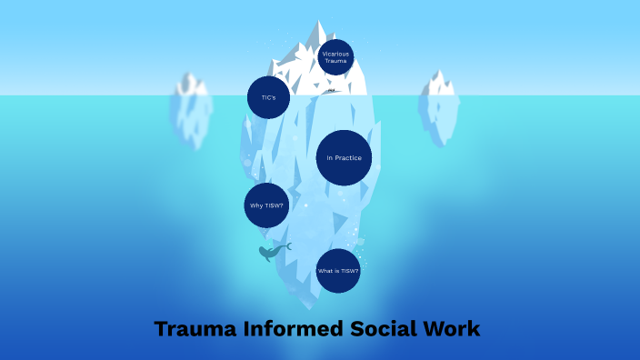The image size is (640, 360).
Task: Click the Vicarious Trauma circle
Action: (x=335, y=56)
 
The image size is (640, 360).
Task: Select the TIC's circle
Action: (x=268, y=97)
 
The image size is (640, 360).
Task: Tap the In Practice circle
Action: (x=345, y=158)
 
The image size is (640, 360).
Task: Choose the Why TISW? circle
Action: (x=266, y=205)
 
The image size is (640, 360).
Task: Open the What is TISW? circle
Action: (x=338, y=271)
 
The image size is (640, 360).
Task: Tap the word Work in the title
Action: (x=453, y=328)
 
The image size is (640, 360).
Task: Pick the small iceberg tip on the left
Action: (x=191, y=84)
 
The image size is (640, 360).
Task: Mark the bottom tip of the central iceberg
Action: (x=306, y=305)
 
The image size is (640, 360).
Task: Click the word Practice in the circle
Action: (x=349, y=158)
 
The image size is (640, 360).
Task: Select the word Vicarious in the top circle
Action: (x=335, y=53)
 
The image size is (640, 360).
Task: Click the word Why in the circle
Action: (x=256, y=205)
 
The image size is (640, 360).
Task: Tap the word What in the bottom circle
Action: (x=325, y=271)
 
